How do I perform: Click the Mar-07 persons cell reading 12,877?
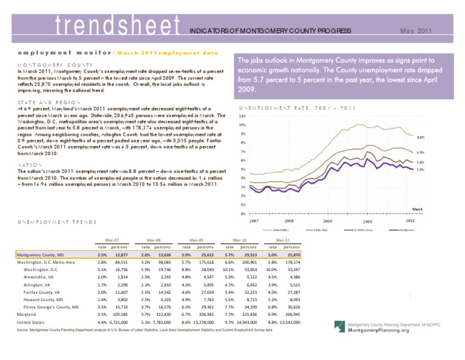[x=120, y=256]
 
